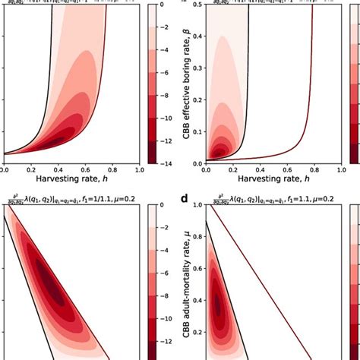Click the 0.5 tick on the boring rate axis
196,7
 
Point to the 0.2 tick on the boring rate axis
196,99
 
